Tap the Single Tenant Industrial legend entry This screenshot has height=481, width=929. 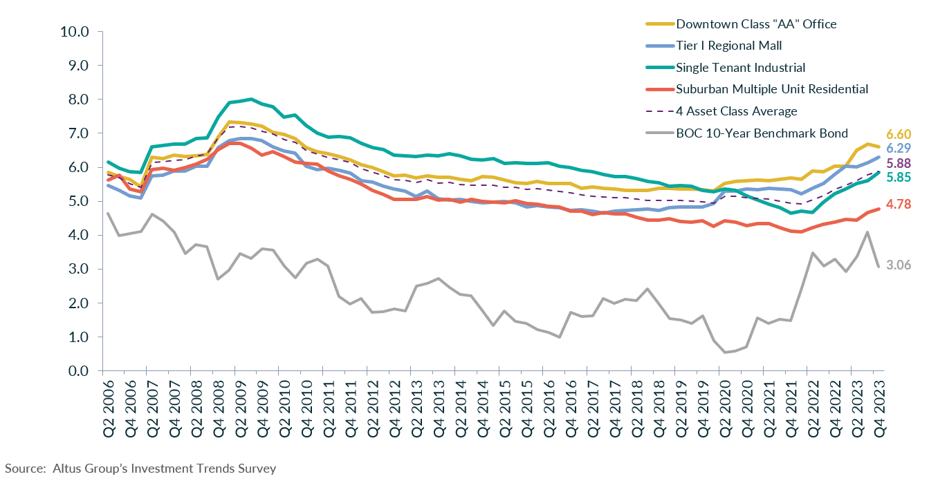[x=740, y=67]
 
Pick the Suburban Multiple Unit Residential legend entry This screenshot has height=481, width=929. [x=772, y=89]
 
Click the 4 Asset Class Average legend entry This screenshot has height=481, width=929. [x=737, y=111]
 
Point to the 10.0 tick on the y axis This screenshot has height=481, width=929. [x=75, y=32]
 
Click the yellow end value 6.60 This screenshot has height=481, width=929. [x=899, y=134]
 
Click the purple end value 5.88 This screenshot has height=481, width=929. [x=899, y=164]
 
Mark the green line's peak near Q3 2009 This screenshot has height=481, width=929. [x=250, y=99]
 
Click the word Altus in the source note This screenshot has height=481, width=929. [x=66, y=469]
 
